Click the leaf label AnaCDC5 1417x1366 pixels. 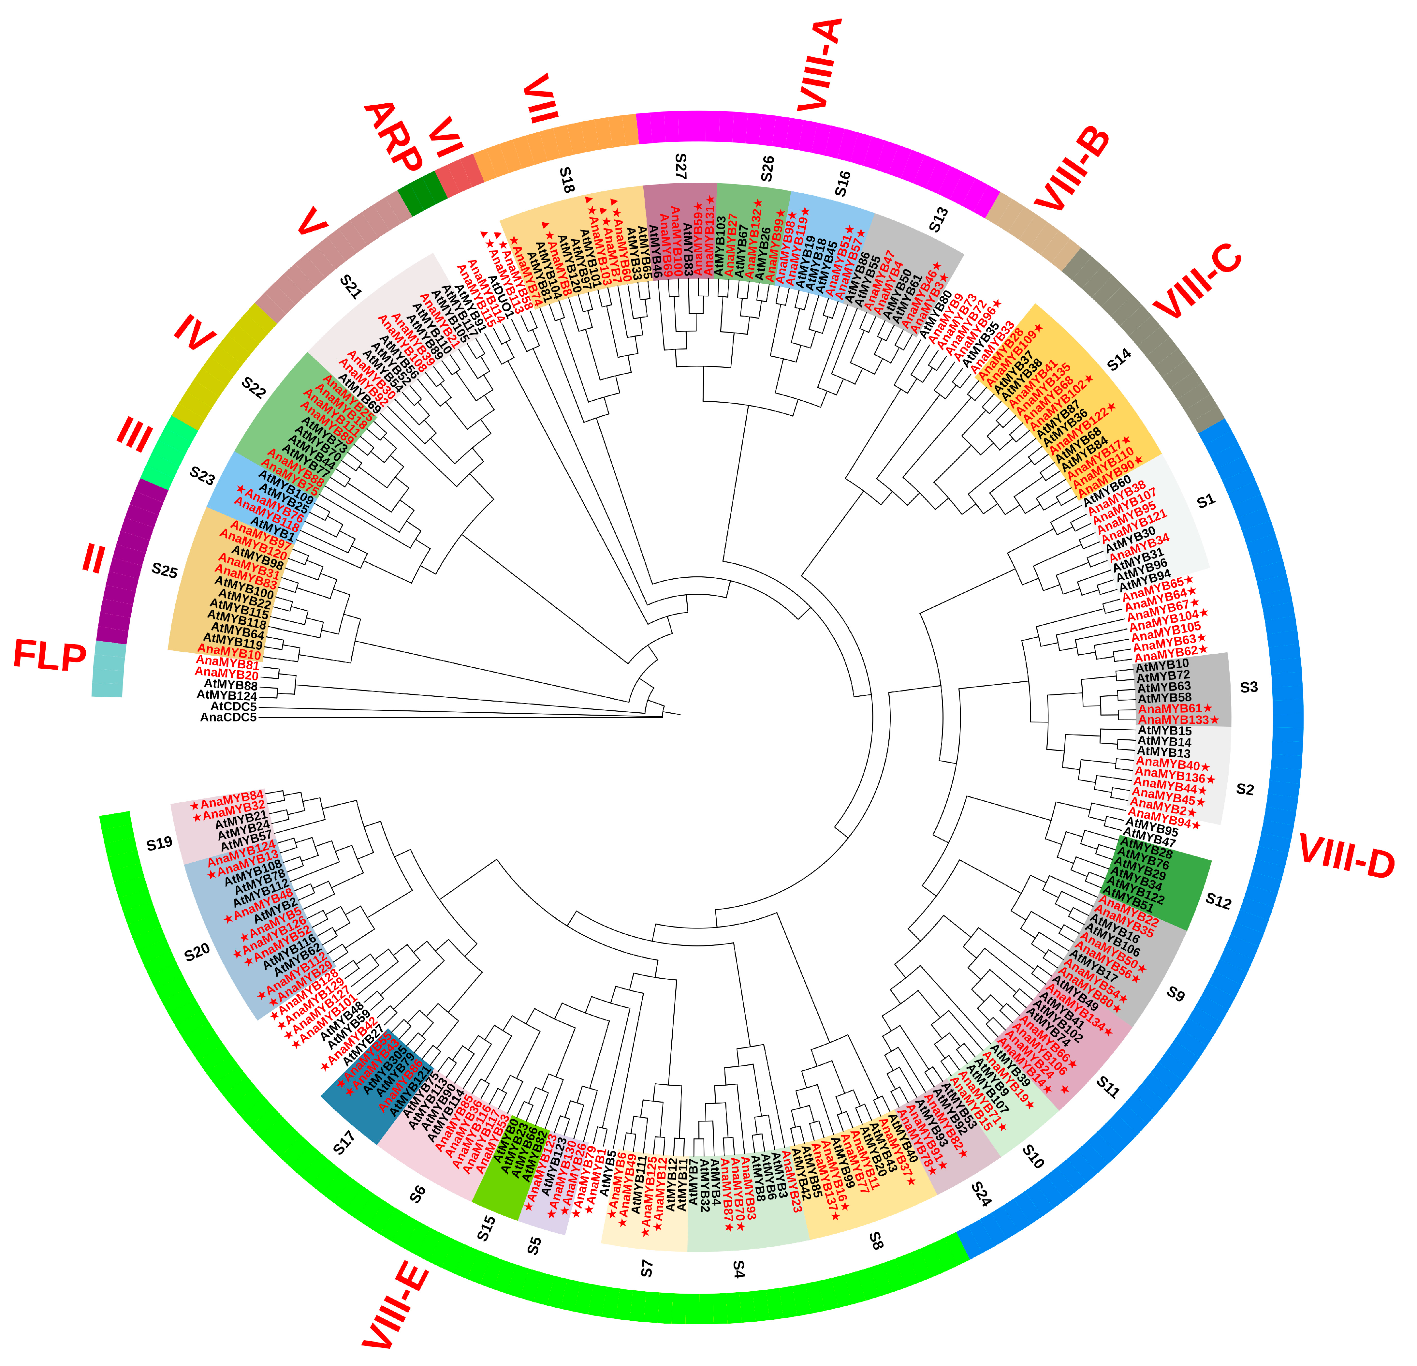(x=228, y=717)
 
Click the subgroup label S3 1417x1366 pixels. (x=1249, y=687)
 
